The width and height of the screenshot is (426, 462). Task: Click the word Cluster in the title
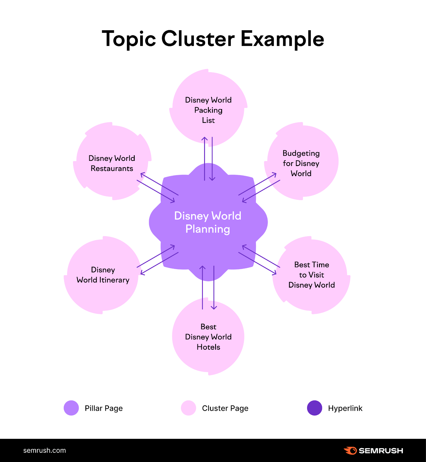pos(198,39)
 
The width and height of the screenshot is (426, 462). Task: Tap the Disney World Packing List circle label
pos(208,110)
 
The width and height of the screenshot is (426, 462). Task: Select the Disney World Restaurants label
pos(112,163)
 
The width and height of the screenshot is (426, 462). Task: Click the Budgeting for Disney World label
pos(301,163)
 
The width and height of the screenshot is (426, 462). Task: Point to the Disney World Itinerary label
pos(103,275)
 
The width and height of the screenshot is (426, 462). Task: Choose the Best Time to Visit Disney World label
pos(311,275)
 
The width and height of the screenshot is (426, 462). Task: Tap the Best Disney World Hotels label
pos(208,337)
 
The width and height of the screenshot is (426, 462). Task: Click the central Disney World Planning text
pos(208,222)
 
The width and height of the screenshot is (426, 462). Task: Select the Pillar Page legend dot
pos(71,408)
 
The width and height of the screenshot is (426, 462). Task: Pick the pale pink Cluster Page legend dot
pos(189,408)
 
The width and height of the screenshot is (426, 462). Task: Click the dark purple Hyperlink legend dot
pos(315,408)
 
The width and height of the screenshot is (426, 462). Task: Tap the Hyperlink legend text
pos(345,408)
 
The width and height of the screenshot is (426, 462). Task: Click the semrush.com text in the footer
pos(44,450)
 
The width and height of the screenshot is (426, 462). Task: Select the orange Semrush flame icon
pos(350,450)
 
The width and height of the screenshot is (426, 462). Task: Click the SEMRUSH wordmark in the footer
pos(381,451)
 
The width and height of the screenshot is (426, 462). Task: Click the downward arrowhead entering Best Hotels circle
pos(214,308)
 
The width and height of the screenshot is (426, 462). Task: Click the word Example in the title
pos(282,39)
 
